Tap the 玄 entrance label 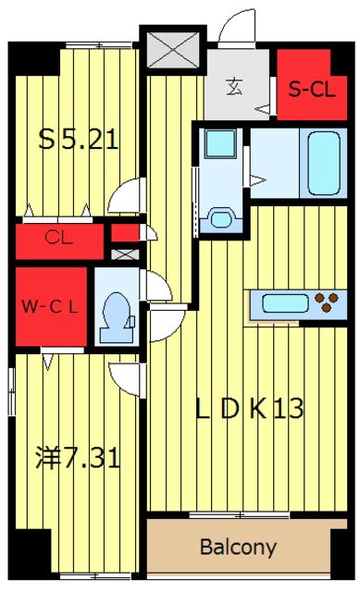(235, 88)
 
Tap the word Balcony (239, 547)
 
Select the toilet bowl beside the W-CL (118, 310)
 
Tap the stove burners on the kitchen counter (325, 302)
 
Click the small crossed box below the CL (124, 253)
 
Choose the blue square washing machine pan (221, 148)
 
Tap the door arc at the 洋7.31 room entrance (125, 376)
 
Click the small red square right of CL (124, 232)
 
